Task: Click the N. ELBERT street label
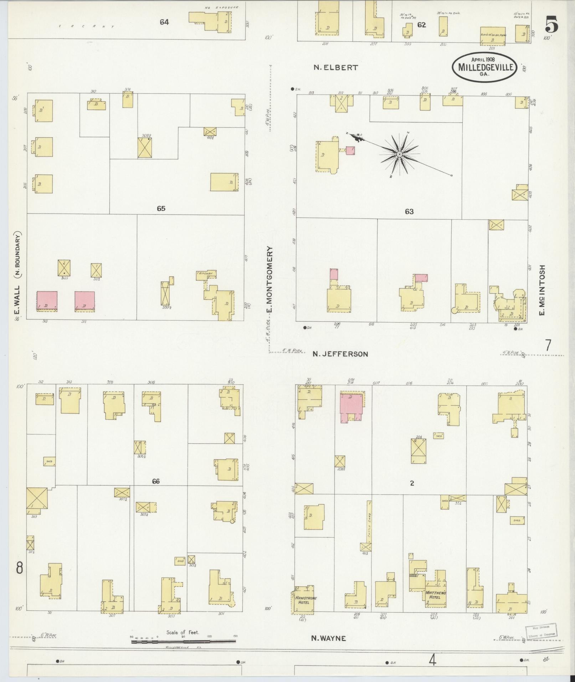335,67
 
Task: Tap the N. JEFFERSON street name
340,354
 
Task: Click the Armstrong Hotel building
304,600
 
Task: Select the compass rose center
400,154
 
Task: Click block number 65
161,209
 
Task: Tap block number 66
156,481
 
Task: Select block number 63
409,211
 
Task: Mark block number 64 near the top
164,22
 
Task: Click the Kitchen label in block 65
206,273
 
